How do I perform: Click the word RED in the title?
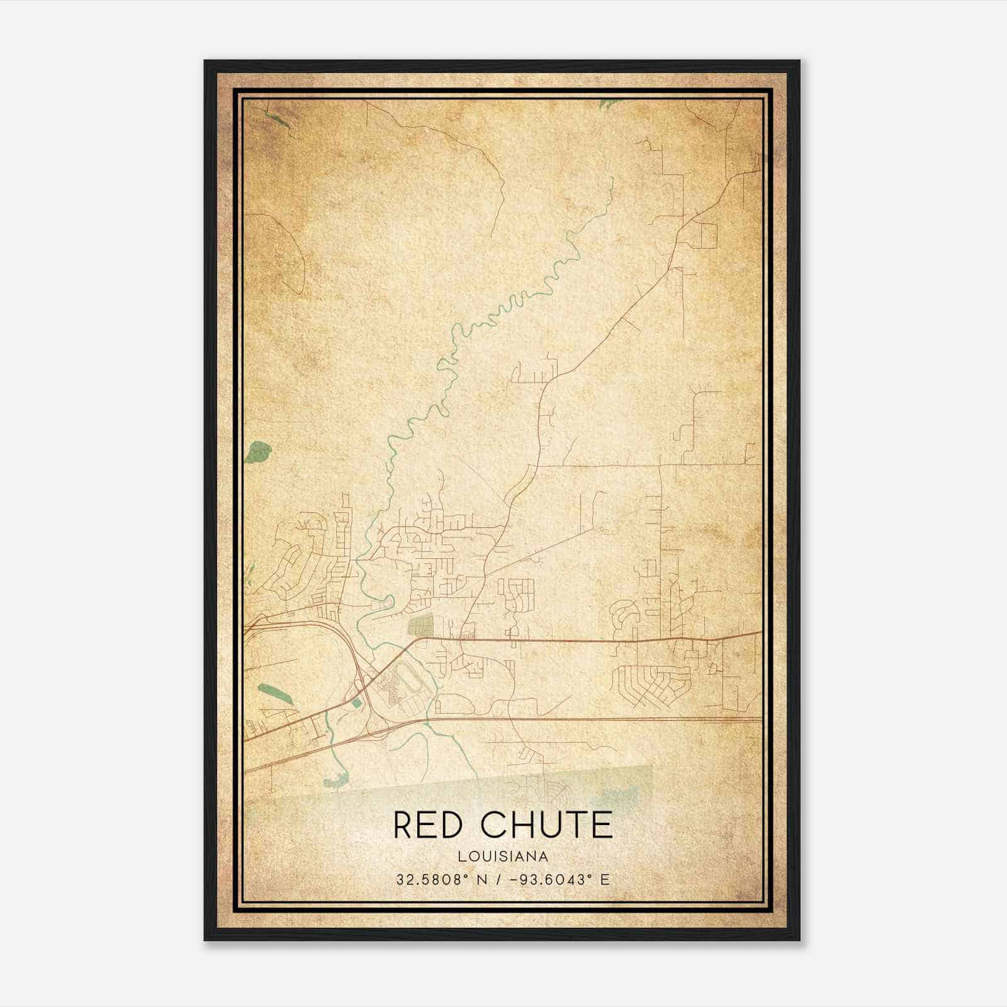point(427,825)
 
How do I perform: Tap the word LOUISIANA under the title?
point(503,857)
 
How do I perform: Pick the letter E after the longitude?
point(605,879)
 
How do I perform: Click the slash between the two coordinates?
point(499,879)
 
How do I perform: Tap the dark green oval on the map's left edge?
point(259,450)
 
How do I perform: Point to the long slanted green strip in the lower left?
point(274,695)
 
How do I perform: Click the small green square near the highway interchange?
point(357,701)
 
